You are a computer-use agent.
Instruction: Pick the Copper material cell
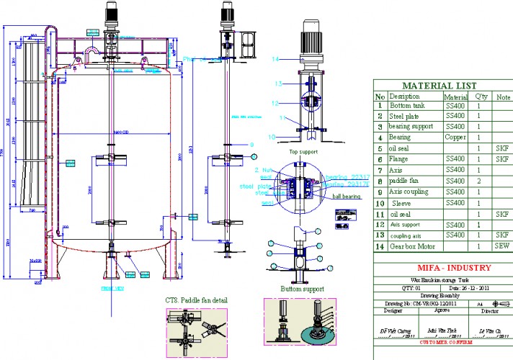(x=455, y=137)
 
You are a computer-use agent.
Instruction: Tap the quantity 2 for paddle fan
(x=479, y=181)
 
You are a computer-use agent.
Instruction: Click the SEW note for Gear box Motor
(x=501, y=246)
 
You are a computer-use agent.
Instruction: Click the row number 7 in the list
(x=380, y=171)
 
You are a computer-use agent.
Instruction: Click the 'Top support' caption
(x=303, y=153)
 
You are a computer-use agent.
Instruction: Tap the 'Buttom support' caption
(x=302, y=289)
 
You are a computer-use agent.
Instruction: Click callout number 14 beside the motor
(x=275, y=58)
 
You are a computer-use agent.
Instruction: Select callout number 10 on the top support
(x=272, y=135)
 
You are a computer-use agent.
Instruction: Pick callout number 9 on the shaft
(x=252, y=145)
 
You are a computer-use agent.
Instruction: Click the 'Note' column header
(x=501, y=96)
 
